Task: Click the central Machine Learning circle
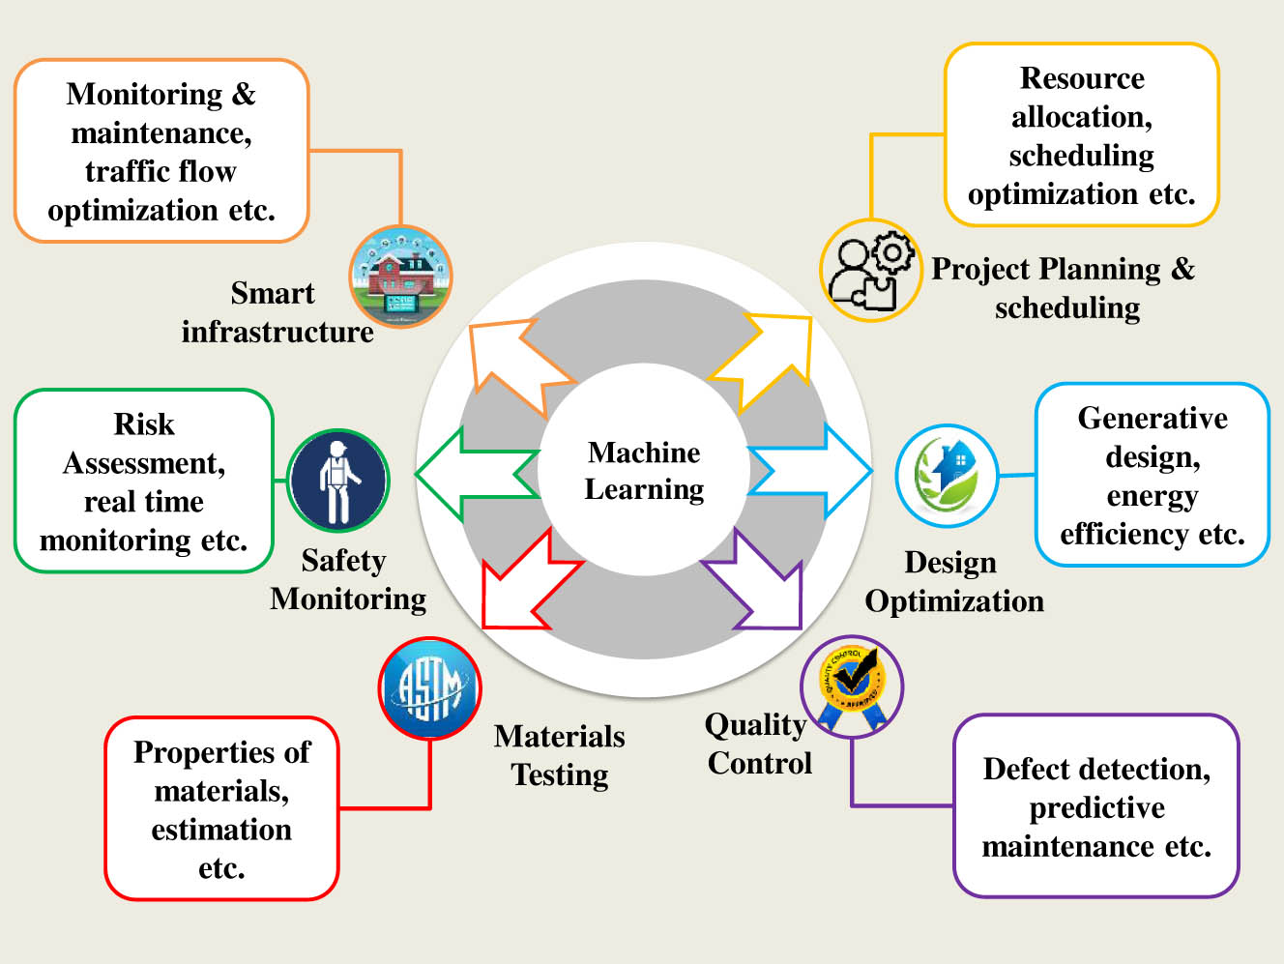(644, 470)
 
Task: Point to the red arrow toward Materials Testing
(522, 585)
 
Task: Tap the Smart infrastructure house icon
(400, 277)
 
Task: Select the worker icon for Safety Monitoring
(338, 481)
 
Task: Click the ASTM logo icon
(429, 687)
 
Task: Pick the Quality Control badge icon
(852, 686)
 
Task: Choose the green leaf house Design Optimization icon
(947, 475)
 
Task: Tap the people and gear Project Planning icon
(870, 270)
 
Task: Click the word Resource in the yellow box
(1082, 78)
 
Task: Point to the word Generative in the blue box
(1153, 418)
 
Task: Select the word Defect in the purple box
(1025, 769)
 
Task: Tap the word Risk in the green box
(144, 424)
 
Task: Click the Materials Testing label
(560, 755)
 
